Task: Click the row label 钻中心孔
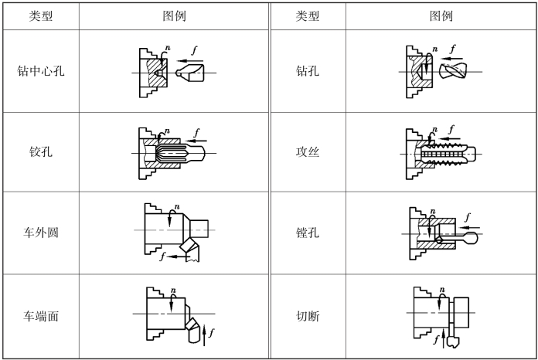(40, 72)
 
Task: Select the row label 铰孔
(40, 152)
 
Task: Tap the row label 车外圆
(40, 233)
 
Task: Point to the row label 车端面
(40, 316)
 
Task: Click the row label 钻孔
(307, 72)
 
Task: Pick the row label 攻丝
(307, 152)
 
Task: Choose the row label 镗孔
(307, 233)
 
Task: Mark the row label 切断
(307, 316)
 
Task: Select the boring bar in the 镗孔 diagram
(456, 240)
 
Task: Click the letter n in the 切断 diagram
(441, 290)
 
